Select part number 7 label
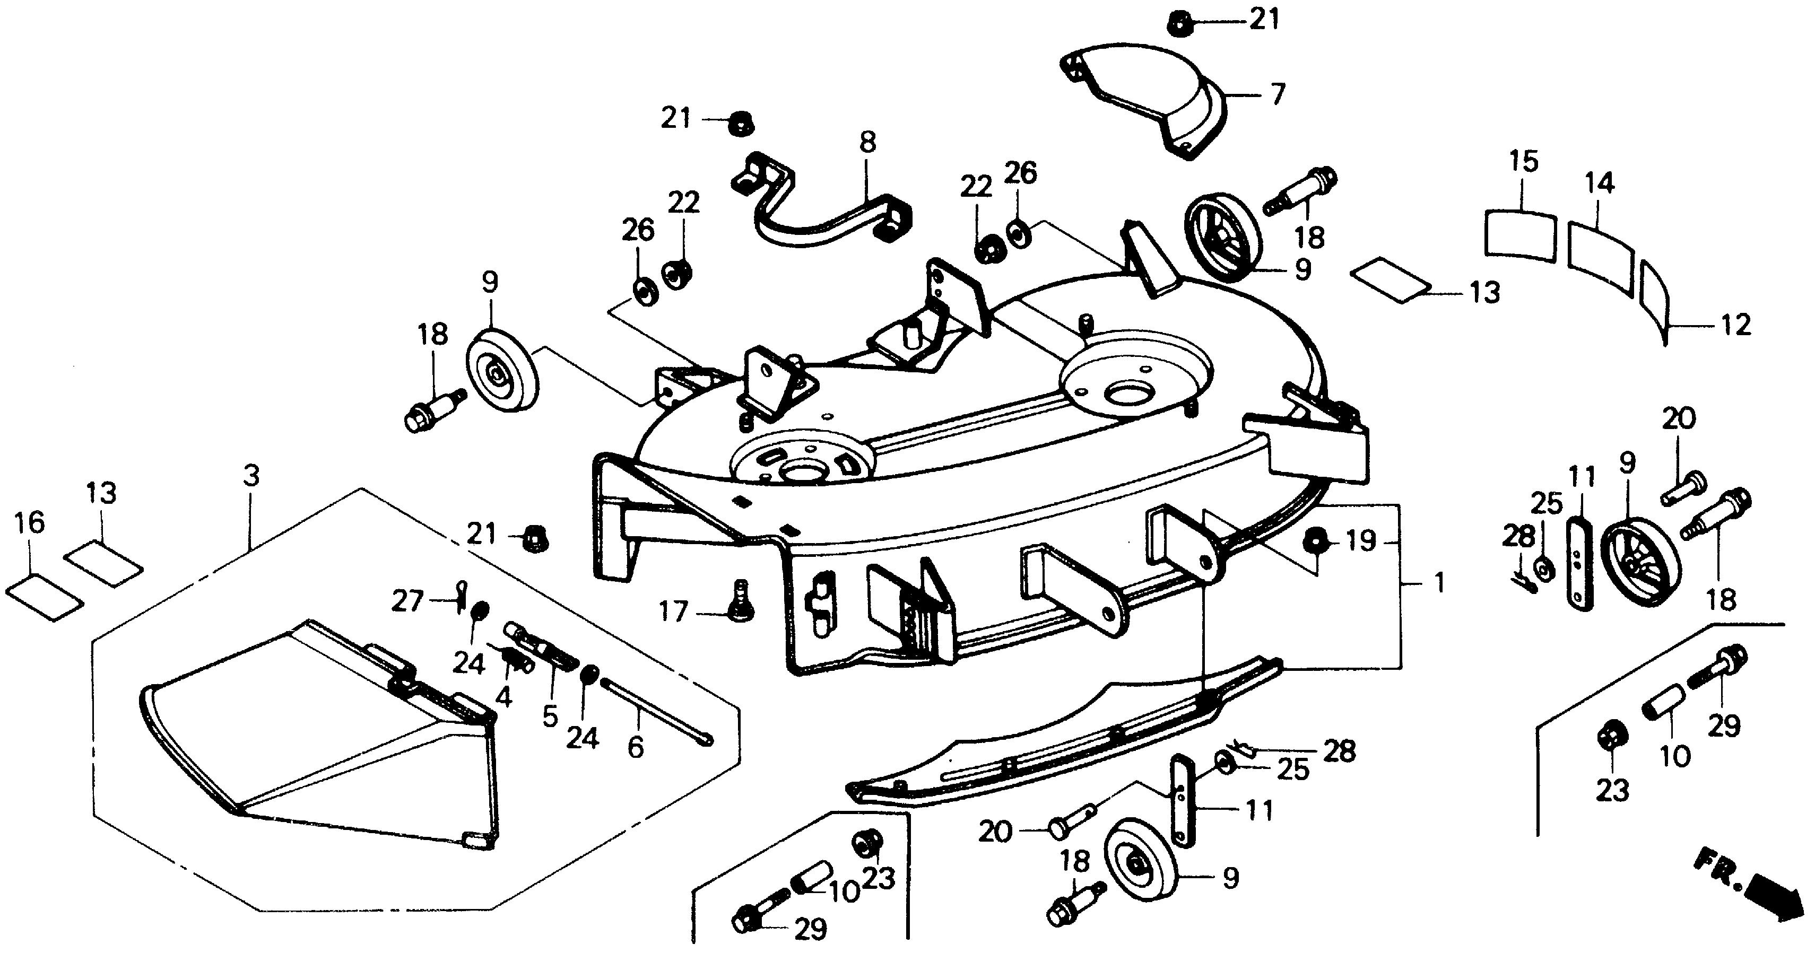(x=1276, y=94)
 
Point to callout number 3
(x=251, y=476)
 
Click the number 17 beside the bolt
(x=673, y=611)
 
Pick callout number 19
(x=1361, y=541)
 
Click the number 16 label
(x=29, y=522)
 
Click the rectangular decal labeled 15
(x=1520, y=234)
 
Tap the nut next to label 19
(x=1313, y=541)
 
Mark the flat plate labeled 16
(x=44, y=598)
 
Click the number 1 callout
(x=1439, y=584)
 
